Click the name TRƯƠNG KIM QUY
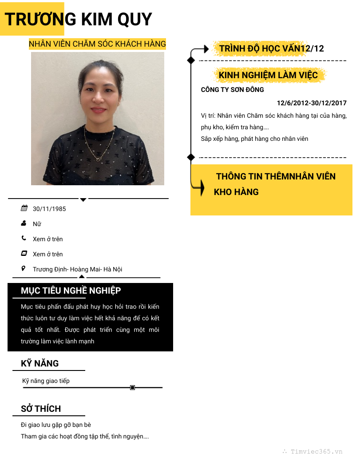(x=78, y=20)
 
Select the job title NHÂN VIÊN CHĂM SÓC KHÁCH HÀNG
(x=97, y=44)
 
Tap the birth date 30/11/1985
(x=49, y=209)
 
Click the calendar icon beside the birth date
(x=24, y=208)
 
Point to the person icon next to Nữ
(x=24, y=223)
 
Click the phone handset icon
(x=24, y=239)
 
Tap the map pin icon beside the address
(x=24, y=269)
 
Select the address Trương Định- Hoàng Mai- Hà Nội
(x=77, y=269)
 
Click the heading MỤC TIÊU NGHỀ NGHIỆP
(x=71, y=291)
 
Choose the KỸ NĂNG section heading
(x=40, y=363)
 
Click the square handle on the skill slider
(x=132, y=388)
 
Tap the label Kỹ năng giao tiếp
(x=46, y=381)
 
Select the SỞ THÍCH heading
(x=41, y=409)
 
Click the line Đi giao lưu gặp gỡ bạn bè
(x=56, y=425)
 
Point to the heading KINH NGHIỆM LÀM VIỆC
(x=268, y=76)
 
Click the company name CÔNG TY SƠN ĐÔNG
(x=232, y=90)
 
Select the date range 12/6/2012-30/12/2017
(x=312, y=103)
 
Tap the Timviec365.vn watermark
(x=316, y=451)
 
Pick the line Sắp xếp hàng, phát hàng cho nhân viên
(x=254, y=139)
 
